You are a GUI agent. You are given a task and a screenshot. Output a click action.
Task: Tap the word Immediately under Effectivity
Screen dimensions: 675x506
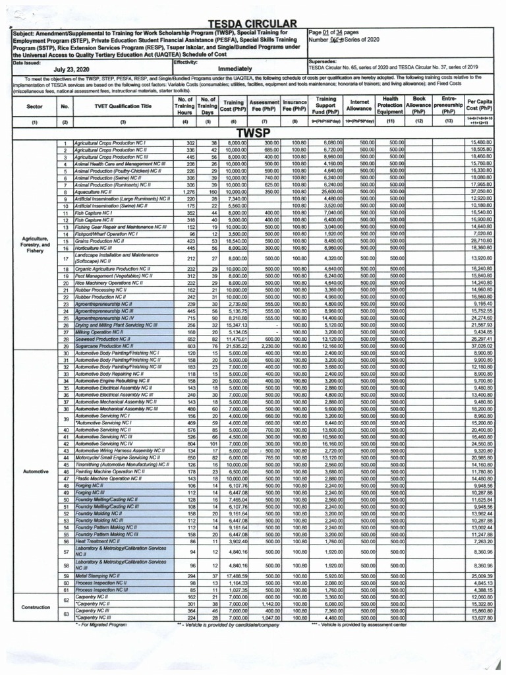tap(235, 69)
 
